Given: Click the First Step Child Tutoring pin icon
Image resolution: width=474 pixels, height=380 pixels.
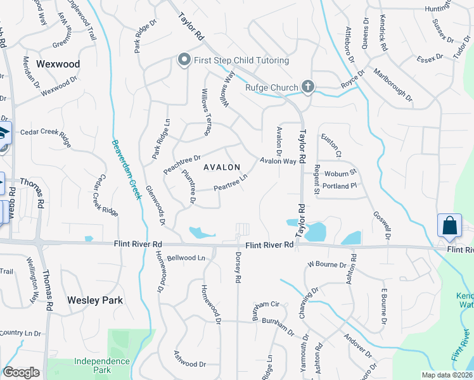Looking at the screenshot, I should click(184, 60).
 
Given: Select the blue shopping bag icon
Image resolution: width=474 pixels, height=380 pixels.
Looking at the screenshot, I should click(449, 225).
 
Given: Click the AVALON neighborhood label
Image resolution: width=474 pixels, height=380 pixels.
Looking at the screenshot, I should click(222, 167).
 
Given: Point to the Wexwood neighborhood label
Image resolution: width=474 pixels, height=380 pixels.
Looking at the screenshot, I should click(58, 64).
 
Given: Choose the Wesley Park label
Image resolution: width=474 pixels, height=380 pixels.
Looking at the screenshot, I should click(95, 300).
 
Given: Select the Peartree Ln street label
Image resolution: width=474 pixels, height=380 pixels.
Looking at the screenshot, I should click(229, 184).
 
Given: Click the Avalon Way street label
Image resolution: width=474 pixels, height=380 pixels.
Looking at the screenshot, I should click(278, 161).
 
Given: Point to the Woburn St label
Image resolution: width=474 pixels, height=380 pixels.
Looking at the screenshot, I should click(341, 172).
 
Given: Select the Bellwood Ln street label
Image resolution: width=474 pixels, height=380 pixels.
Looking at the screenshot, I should click(186, 258).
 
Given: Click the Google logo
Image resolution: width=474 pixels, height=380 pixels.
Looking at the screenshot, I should click(21, 372).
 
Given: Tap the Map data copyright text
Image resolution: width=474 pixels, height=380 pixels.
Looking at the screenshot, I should click(446, 375).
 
